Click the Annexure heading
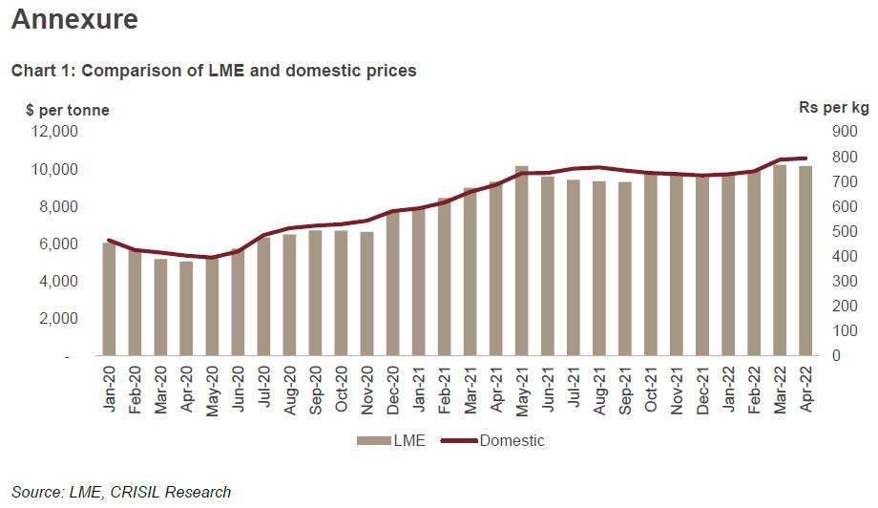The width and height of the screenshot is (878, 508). pos(74,19)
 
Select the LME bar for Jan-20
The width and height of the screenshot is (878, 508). pos(109,299)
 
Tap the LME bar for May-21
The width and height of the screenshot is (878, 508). pos(521,261)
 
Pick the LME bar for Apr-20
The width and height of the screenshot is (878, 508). pos(186,308)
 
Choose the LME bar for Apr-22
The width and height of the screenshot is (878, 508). pos(805,261)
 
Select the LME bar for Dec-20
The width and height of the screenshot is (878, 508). pos(392,284)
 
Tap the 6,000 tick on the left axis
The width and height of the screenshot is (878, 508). pos(62,244)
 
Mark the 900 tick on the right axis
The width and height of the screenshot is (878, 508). pos(820,132)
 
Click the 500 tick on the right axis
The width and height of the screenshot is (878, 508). pos(820,232)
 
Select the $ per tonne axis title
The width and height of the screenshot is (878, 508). pos(68,110)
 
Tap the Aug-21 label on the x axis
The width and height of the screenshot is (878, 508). pos(598,389)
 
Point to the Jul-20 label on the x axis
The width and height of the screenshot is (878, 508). pos(263,389)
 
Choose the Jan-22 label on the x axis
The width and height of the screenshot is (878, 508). pos(728,389)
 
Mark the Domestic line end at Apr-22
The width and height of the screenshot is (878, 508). pos(805,159)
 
